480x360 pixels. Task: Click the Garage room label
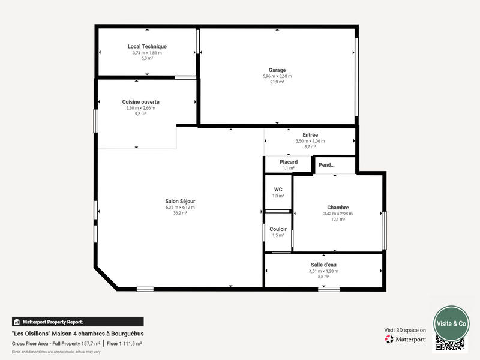(x=277, y=70)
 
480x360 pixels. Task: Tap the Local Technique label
(x=147, y=46)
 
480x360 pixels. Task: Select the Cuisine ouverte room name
(x=140, y=102)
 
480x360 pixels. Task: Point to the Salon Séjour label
(x=180, y=201)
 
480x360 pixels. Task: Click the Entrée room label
(x=310, y=135)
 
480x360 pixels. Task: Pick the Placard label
(x=289, y=162)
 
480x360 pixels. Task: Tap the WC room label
(x=278, y=190)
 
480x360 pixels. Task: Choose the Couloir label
(x=278, y=229)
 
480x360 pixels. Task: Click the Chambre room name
(x=338, y=208)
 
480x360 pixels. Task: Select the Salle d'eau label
(x=323, y=265)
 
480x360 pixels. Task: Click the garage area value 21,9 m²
(x=277, y=82)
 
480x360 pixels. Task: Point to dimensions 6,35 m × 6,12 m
(x=180, y=207)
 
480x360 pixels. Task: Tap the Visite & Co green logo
(x=451, y=323)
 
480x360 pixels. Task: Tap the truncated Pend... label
(x=326, y=165)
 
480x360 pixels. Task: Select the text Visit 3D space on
(x=405, y=330)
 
